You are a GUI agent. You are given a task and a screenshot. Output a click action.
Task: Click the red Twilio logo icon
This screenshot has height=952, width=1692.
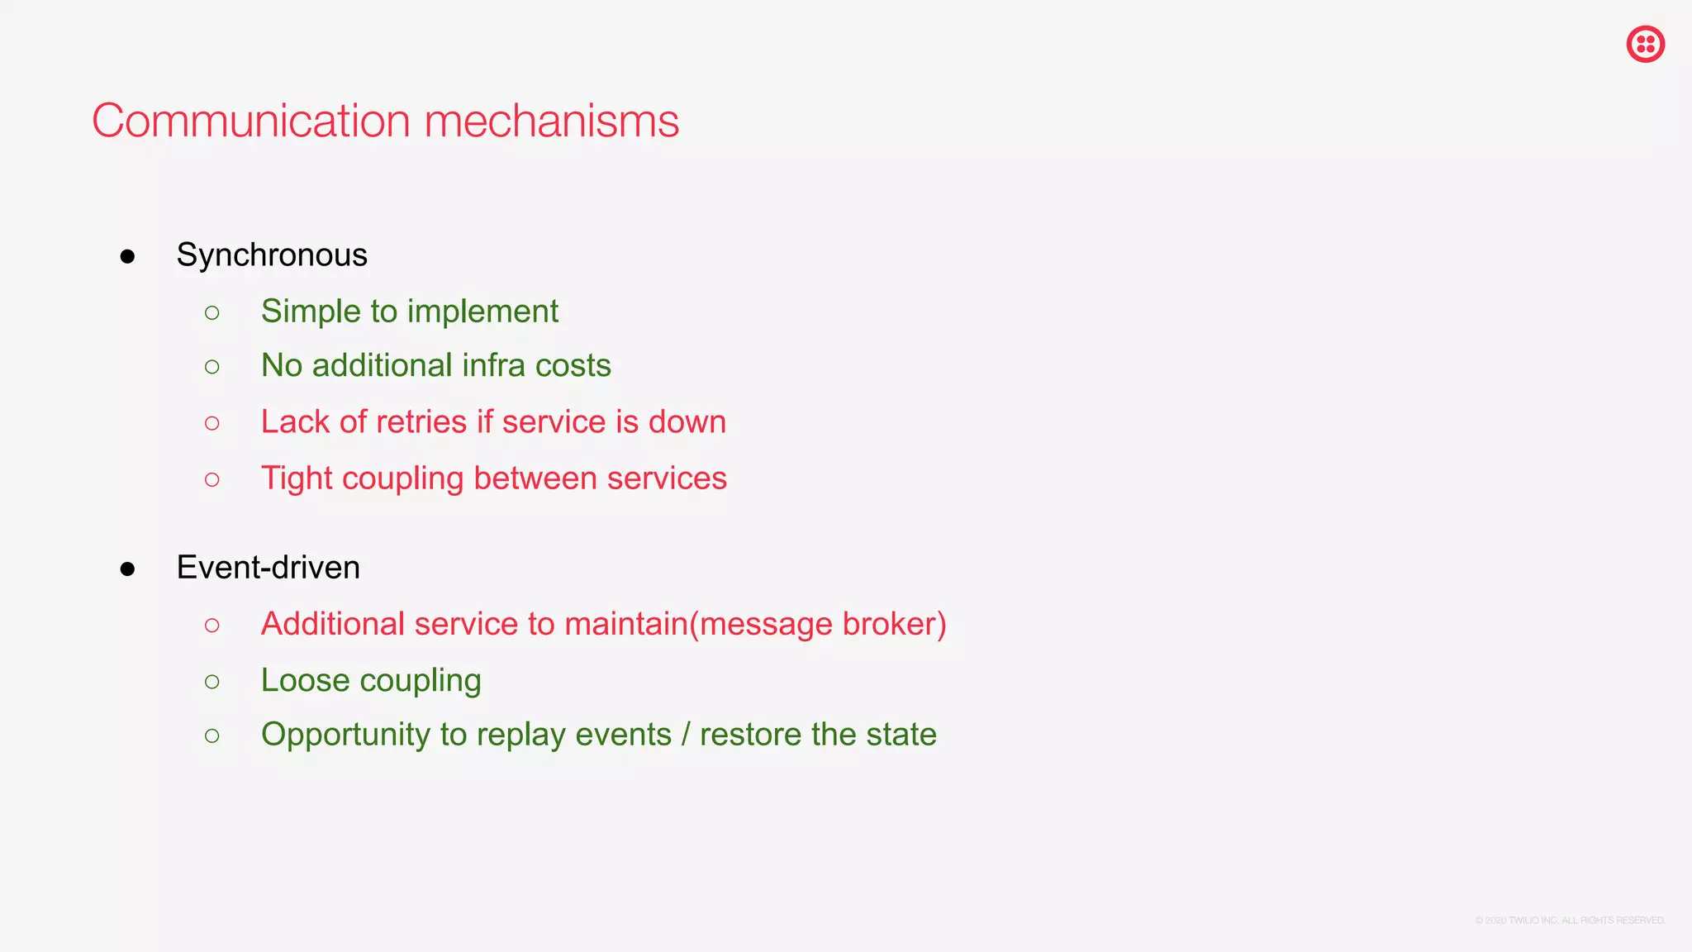coord(1645,44)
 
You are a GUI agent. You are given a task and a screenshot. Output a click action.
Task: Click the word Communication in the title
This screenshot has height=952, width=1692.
coord(251,121)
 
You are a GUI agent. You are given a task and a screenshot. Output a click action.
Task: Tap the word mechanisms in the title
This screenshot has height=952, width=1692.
coord(551,121)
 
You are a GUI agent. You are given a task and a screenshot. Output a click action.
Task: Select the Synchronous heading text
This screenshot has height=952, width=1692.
coord(272,255)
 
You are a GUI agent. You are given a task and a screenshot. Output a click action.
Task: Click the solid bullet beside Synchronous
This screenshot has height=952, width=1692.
coord(127,256)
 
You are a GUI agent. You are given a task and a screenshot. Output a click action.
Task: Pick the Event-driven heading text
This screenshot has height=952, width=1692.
coord(269,568)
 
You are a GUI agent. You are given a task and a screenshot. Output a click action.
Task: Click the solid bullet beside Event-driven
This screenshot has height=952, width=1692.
coord(127,569)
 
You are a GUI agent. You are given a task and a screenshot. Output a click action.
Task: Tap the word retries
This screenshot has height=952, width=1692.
coord(421,422)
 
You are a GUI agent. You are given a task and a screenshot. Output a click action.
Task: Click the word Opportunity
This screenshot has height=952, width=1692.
coord(346,735)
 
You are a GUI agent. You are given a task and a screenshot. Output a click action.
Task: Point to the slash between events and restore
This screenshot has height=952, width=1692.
coord(686,735)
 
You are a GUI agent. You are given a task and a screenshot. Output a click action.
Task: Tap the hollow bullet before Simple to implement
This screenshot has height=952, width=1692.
coord(212,312)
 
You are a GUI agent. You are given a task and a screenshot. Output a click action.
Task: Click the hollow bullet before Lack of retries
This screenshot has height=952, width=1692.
coord(212,423)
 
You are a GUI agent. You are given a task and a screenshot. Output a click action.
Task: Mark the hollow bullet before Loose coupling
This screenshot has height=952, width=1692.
coord(212,682)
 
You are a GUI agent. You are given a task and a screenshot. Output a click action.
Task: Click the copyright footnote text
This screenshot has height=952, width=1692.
coord(1570,921)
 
